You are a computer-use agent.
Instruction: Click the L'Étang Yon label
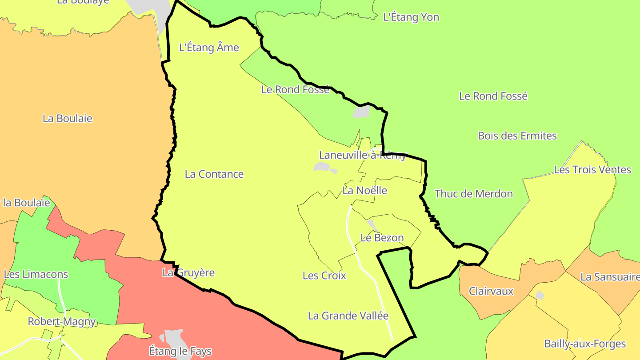point(411,17)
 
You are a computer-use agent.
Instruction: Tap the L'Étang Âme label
point(209,48)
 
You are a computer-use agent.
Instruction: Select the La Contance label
point(214,174)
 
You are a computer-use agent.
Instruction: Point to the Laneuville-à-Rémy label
point(363,155)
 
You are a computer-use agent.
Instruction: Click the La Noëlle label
point(365,191)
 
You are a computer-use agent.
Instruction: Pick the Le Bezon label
point(382,238)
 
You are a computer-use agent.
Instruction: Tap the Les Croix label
point(324,276)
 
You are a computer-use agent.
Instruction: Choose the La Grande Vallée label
point(348,316)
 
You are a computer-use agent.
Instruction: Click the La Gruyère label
point(188,273)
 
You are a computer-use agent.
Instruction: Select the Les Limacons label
point(36,274)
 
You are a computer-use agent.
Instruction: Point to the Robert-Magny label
point(62,321)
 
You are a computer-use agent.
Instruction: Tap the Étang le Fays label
point(180,352)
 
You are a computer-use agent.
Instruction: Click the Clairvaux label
point(492,292)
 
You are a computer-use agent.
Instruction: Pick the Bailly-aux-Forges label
point(585,344)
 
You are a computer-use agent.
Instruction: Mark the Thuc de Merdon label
point(474,194)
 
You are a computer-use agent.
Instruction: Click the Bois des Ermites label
point(517,136)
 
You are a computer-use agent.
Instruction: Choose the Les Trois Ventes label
point(592,170)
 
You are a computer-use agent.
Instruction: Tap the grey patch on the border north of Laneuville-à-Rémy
point(362,112)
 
